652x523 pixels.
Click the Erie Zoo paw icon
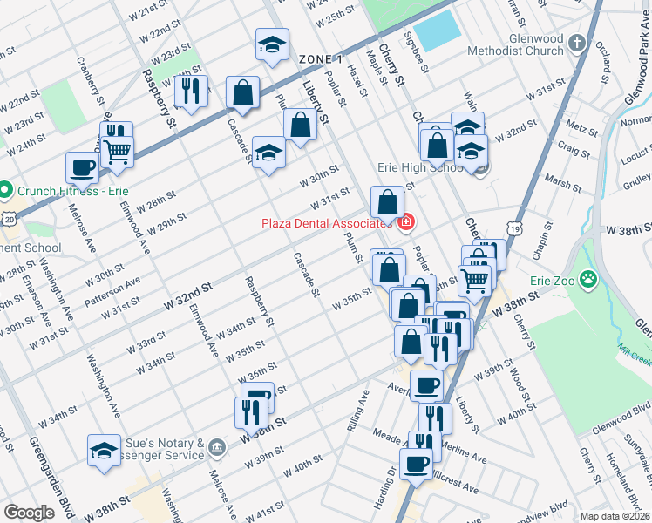pos(590,281)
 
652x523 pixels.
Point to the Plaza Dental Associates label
pos(324,223)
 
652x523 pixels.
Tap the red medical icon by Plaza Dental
pos(404,224)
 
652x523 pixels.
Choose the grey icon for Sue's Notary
pos(217,448)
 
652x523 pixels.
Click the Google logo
pos(29,513)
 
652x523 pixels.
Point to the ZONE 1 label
pos(319,58)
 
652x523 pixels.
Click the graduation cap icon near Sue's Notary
pos(104,451)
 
